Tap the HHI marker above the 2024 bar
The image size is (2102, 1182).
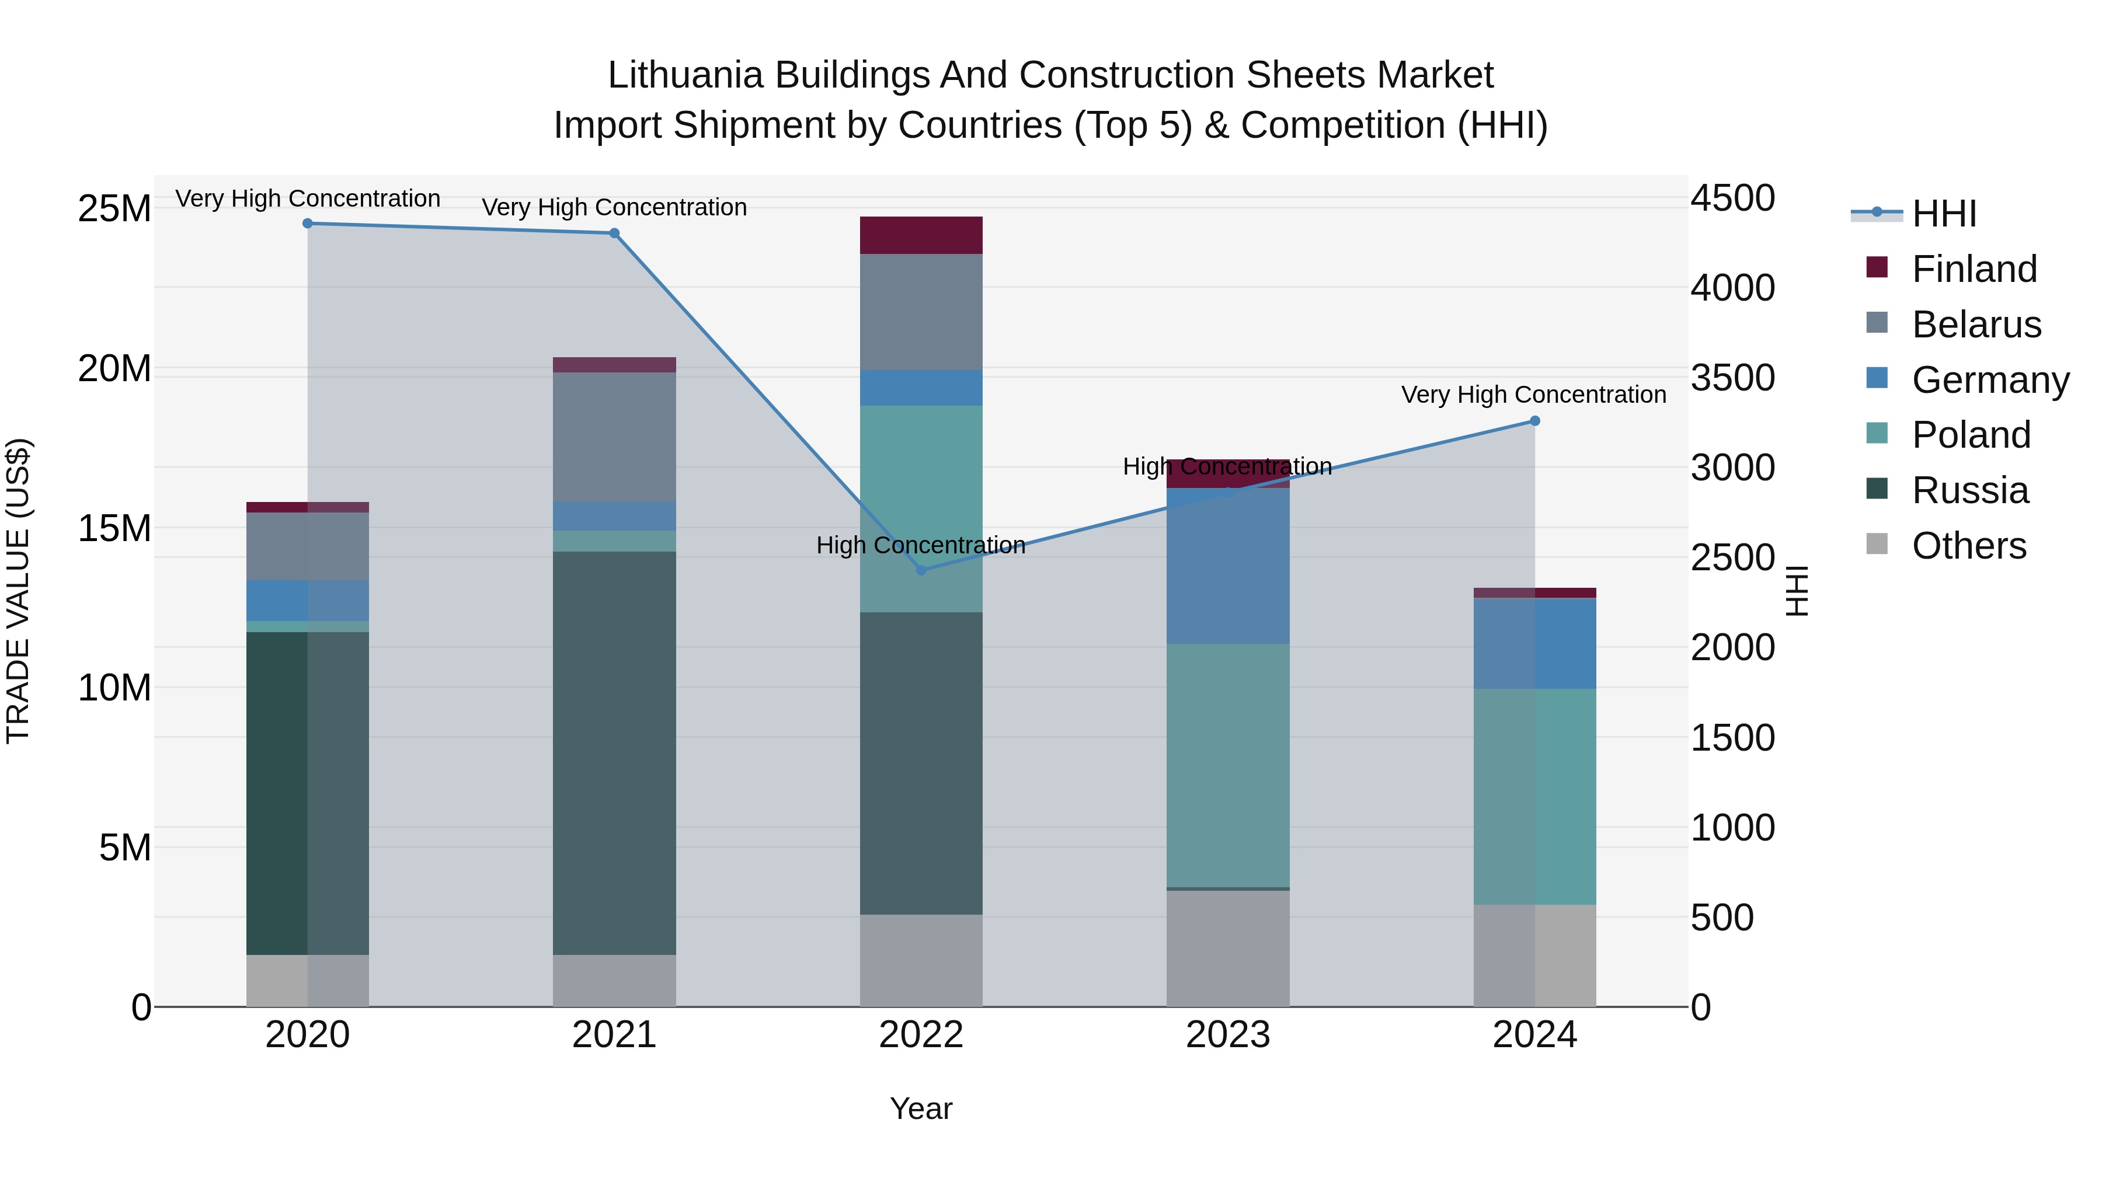click(1534, 421)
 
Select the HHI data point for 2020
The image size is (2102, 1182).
click(308, 224)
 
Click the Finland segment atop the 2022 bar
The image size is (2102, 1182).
click(921, 236)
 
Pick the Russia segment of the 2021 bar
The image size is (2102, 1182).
click(614, 752)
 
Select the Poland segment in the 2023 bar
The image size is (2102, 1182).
click(1228, 765)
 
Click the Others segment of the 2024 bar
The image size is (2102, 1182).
click(1534, 955)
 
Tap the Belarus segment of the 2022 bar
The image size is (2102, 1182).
click(921, 312)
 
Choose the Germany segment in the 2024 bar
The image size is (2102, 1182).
click(1534, 644)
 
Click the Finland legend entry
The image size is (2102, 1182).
click(1974, 269)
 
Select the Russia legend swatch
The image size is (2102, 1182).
click(1877, 490)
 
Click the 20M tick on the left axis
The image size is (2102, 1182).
click(114, 369)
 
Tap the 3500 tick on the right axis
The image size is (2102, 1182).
click(1732, 378)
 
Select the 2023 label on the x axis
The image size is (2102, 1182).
click(1228, 1035)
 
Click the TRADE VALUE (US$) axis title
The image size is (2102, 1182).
click(18, 591)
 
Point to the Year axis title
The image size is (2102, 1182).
click(921, 1108)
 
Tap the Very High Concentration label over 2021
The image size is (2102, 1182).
click(614, 207)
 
